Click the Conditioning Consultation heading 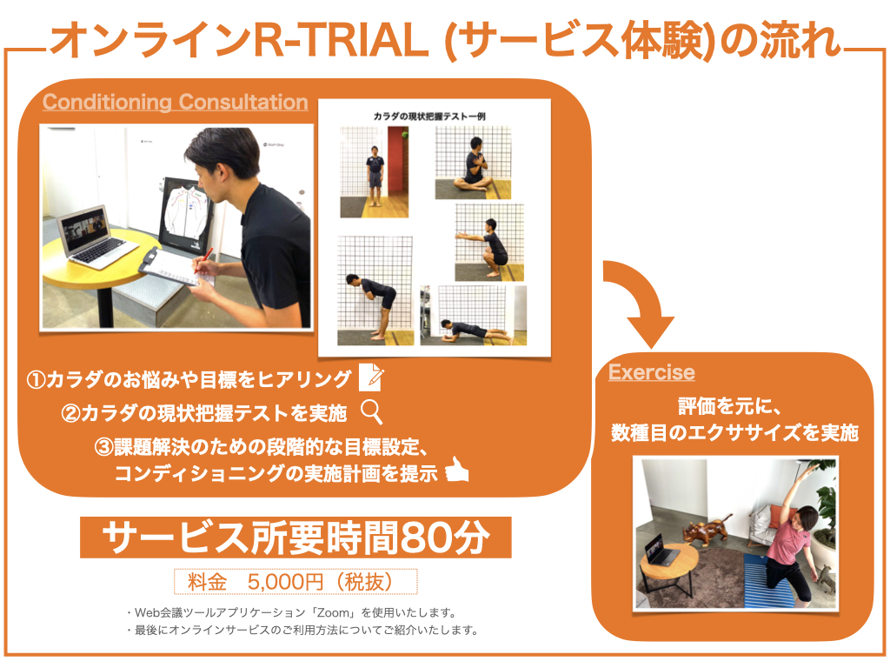click(176, 103)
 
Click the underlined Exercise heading click(652, 372)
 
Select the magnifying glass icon click(371, 412)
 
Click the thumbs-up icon click(457, 470)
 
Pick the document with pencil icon click(371, 377)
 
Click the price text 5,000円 click(285, 582)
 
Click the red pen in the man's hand click(204, 258)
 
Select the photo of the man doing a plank click(474, 316)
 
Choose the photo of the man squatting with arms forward click(489, 243)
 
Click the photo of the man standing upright click(374, 171)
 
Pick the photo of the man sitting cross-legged click(474, 163)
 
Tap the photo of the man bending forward click(375, 291)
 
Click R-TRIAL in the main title click(340, 41)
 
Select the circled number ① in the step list click(36, 380)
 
